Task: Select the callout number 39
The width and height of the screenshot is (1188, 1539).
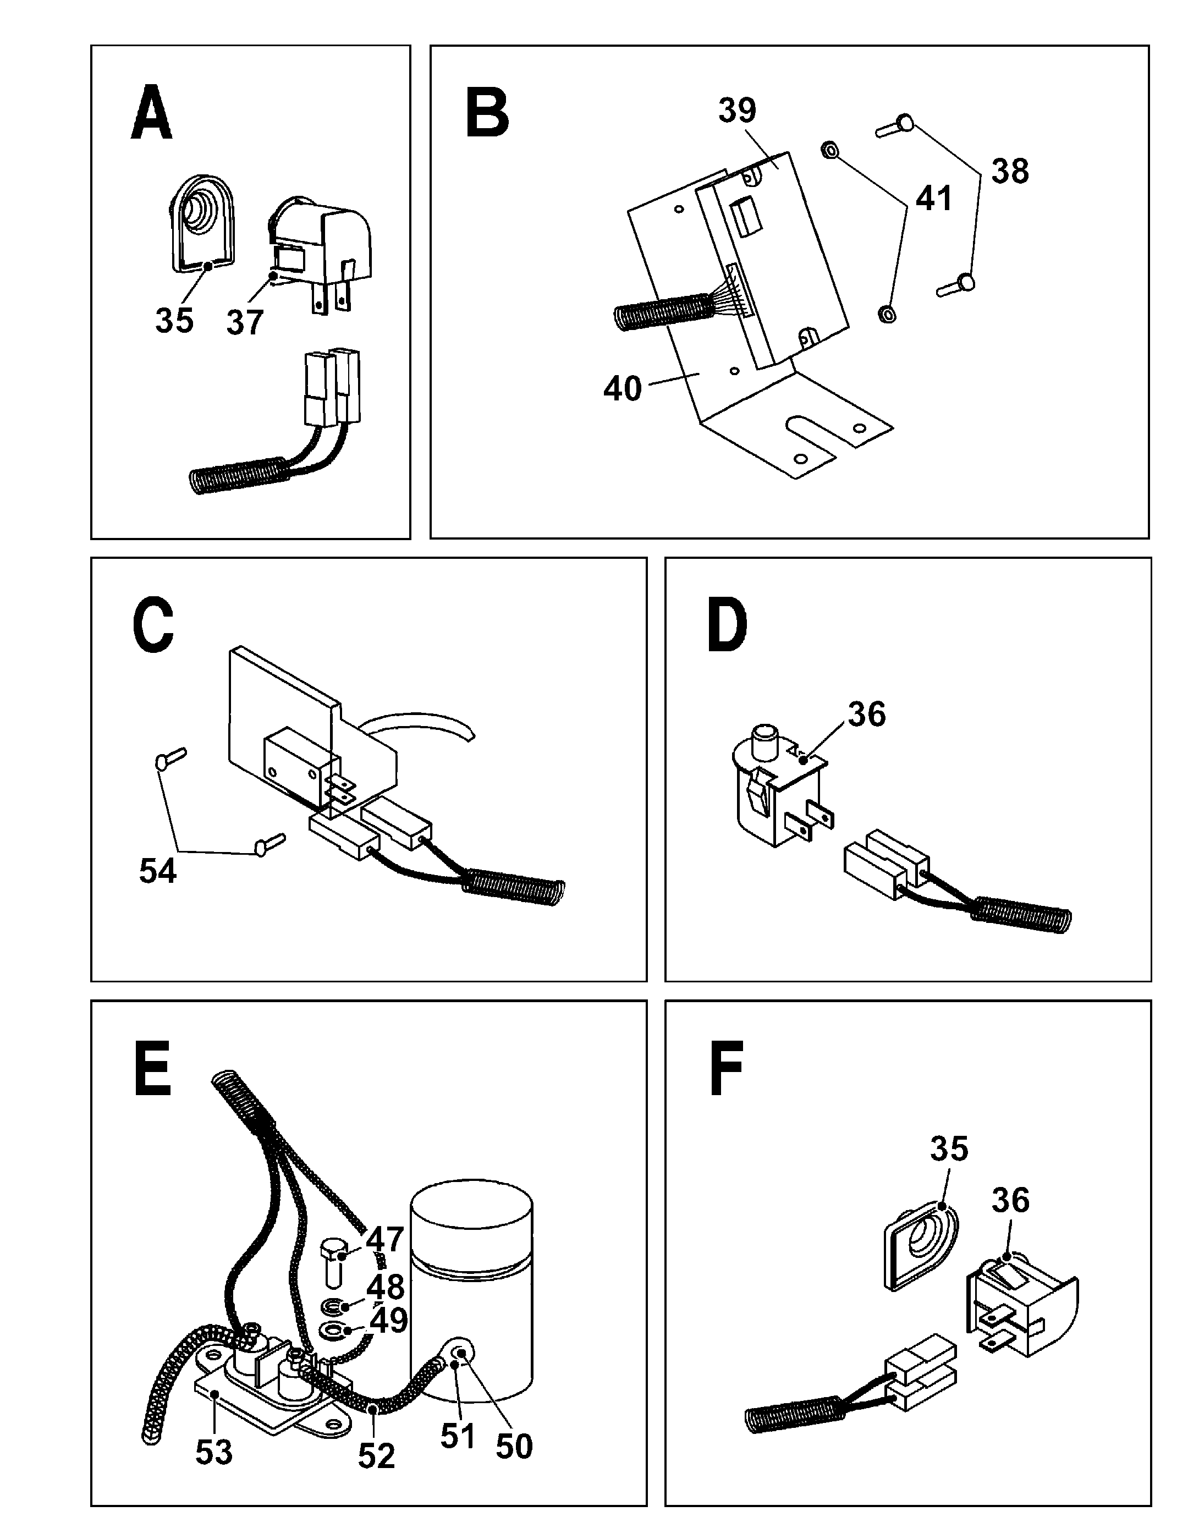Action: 737,111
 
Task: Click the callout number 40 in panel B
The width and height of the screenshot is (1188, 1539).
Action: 622,388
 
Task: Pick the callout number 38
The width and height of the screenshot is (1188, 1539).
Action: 1010,171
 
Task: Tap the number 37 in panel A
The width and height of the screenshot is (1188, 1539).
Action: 245,323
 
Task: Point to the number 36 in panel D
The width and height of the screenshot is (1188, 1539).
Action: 867,714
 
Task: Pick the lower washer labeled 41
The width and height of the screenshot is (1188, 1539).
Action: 887,313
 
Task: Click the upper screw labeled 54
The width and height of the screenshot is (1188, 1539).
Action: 169,757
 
